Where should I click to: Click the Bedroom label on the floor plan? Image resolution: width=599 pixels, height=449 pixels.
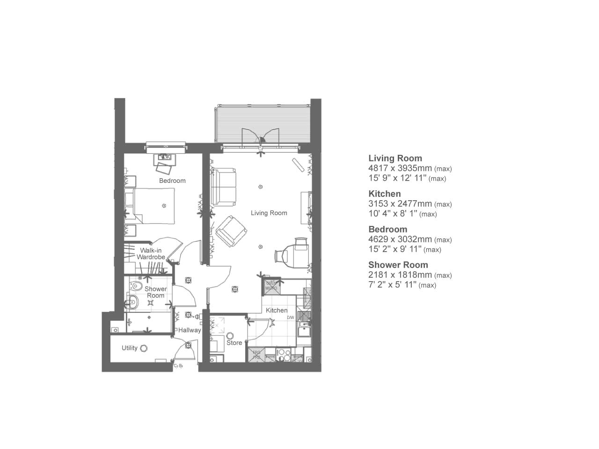(x=172, y=181)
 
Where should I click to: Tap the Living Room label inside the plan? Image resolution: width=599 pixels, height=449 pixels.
(x=269, y=213)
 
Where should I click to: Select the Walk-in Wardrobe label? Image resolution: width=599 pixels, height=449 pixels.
(x=151, y=254)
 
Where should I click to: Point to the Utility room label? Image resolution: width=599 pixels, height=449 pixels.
(x=130, y=348)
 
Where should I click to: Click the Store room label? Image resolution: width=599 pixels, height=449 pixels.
(x=234, y=343)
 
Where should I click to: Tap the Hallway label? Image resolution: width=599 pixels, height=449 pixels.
(x=190, y=330)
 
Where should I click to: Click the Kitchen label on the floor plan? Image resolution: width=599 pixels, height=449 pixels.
(x=277, y=310)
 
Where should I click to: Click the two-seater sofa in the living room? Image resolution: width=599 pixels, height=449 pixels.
(x=224, y=188)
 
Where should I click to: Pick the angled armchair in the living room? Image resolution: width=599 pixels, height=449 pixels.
(x=231, y=231)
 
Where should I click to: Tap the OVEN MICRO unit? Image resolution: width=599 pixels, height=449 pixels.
(x=271, y=286)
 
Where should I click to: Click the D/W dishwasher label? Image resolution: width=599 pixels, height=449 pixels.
(x=291, y=318)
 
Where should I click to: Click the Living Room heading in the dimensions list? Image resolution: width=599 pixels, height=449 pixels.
(x=395, y=158)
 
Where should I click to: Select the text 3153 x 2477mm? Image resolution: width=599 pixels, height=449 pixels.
(x=400, y=204)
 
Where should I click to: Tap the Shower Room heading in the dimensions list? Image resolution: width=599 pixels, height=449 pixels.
(x=398, y=265)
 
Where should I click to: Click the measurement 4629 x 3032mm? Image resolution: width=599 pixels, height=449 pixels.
(x=400, y=239)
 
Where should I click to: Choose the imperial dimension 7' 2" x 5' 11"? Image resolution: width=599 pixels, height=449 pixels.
(x=392, y=285)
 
